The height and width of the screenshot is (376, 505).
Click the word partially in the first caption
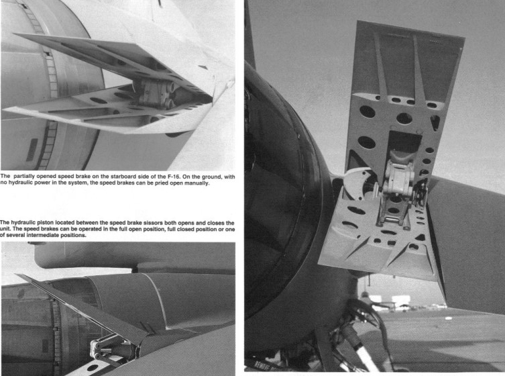click(24, 177)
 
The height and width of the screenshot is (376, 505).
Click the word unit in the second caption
click(5, 229)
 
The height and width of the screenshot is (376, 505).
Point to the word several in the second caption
click(17, 236)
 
